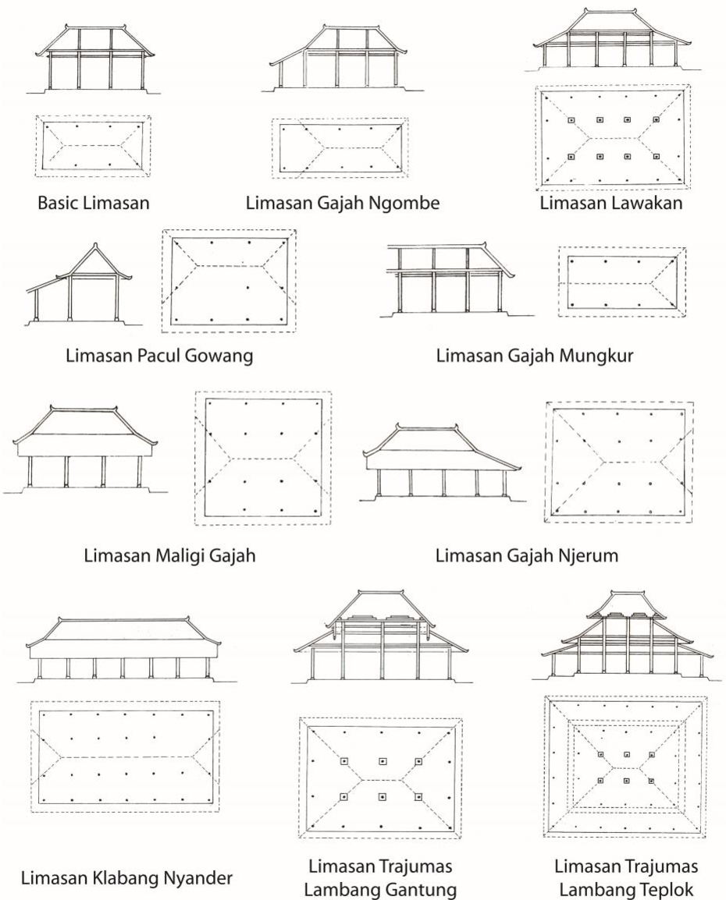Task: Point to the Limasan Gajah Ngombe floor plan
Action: tap(339, 147)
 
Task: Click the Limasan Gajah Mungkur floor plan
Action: tap(622, 282)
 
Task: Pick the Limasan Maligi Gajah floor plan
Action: tap(263, 457)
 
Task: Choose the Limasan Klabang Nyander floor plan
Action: tap(125, 756)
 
